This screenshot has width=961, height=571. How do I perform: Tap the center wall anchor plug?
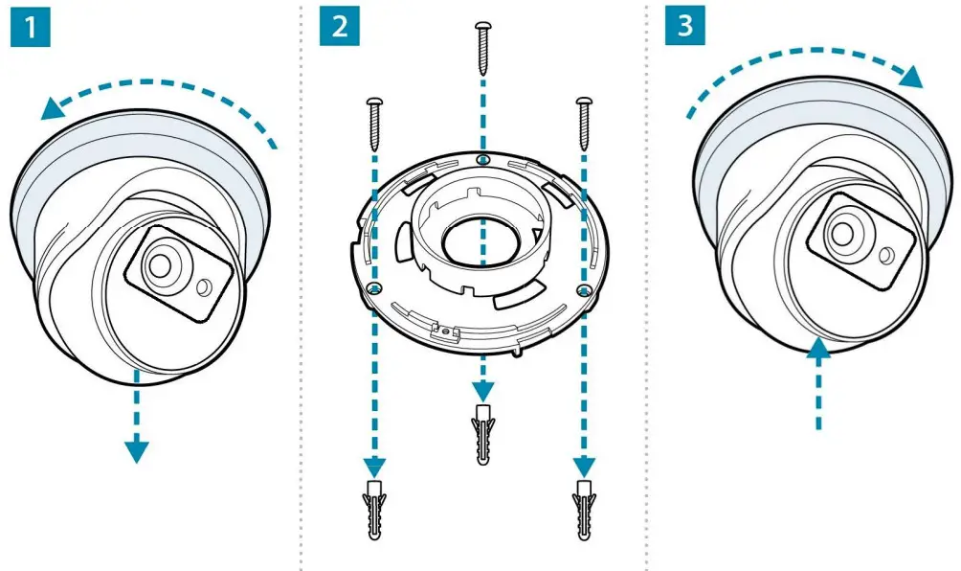pyautogui.click(x=483, y=432)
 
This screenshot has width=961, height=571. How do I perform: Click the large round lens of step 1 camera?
pyautogui.click(x=160, y=264)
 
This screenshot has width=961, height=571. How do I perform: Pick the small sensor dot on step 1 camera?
pyautogui.click(x=202, y=287)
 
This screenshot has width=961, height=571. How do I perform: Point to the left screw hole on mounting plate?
pyautogui.click(x=375, y=289)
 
